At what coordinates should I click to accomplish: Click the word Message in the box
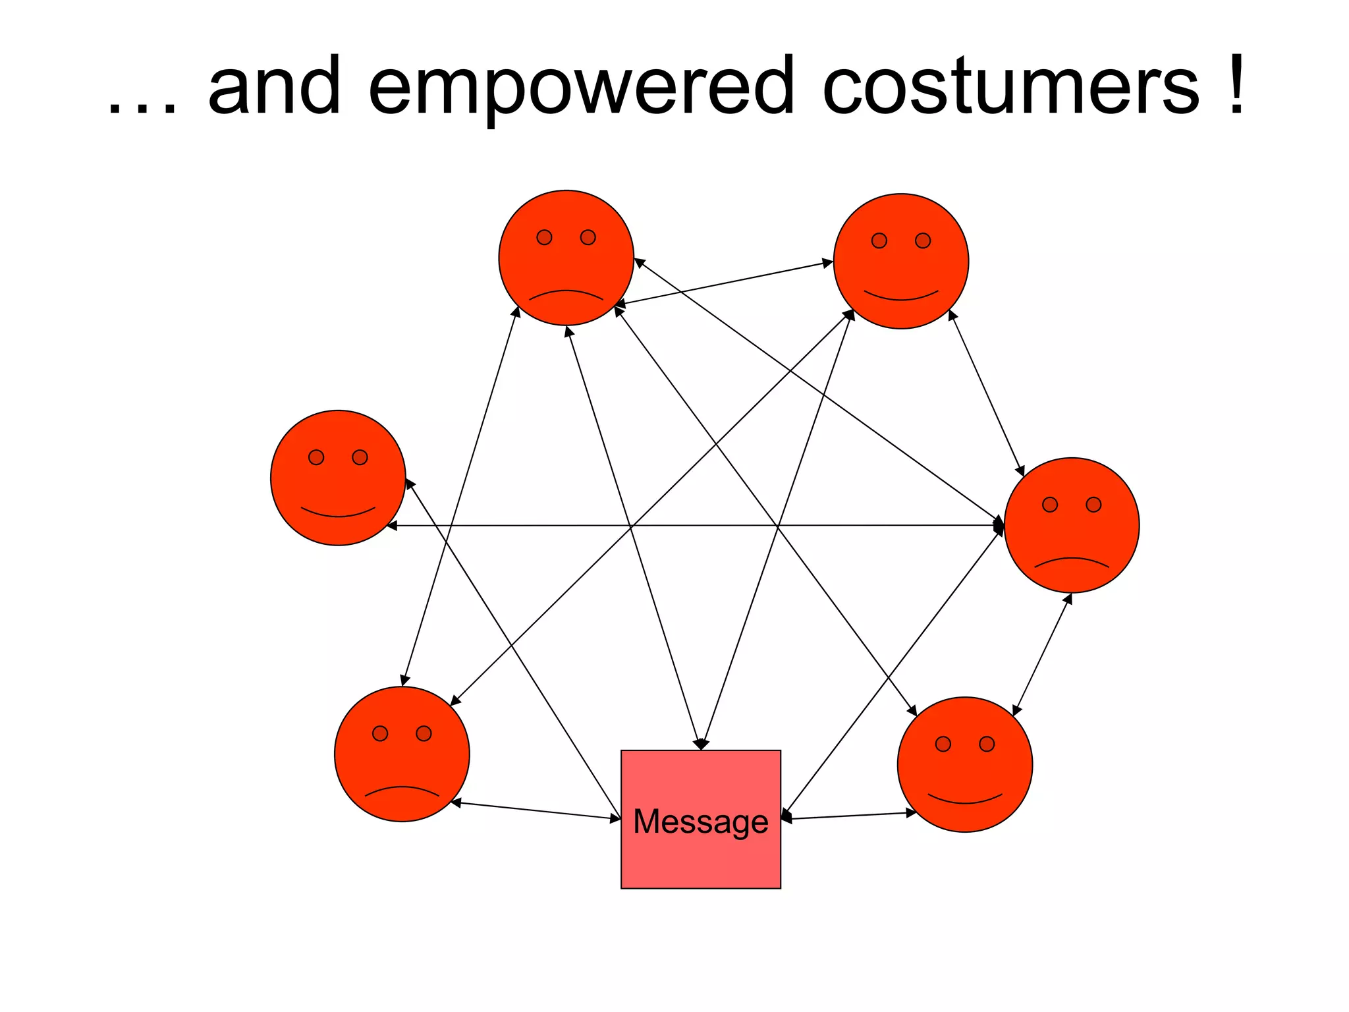(x=700, y=822)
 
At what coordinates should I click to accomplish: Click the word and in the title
(x=275, y=86)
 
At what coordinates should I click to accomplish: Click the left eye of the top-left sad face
(x=544, y=237)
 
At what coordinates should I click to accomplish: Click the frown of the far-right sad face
(x=1072, y=562)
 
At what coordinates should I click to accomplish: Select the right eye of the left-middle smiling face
(x=360, y=457)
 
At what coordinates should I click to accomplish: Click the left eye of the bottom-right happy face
(x=943, y=744)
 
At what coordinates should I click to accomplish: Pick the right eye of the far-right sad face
(x=1093, y=505)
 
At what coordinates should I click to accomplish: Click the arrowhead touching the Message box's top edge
(x=702, y=745)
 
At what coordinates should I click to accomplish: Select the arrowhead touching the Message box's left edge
(x=616, y=819)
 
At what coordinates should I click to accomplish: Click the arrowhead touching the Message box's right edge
(x=786, y=817)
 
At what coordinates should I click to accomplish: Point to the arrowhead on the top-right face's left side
(x=829, y=264)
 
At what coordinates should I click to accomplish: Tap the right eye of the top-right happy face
(x=923, y=240)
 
